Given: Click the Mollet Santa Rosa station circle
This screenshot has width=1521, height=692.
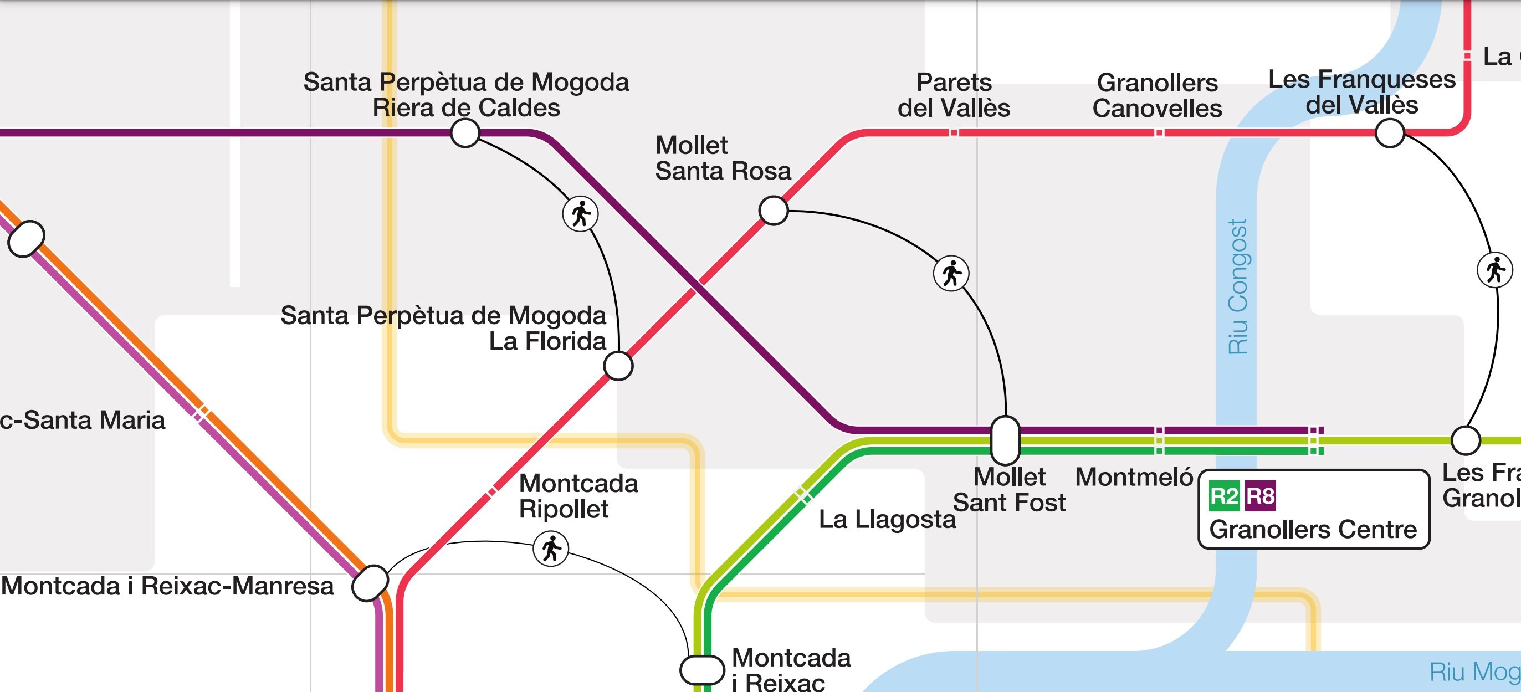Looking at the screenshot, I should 774,210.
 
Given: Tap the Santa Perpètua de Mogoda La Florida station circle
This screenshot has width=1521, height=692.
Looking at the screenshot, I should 618,366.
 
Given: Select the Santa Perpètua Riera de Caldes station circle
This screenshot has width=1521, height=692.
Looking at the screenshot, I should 465,133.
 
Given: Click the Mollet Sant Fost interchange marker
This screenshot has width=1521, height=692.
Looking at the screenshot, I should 1005,440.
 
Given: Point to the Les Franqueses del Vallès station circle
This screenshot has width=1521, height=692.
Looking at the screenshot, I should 1389,133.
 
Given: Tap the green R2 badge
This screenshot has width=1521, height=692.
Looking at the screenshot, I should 1223,496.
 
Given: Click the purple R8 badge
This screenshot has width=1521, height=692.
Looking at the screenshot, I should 1260,496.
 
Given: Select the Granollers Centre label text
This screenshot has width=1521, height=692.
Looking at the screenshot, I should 1313,530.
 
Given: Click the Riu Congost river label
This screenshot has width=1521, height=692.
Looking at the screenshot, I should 1238,287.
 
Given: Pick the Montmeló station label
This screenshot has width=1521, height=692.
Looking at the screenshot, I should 1134,477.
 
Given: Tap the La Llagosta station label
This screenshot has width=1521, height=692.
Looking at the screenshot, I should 887,520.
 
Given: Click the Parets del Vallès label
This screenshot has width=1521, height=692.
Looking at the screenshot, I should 954,95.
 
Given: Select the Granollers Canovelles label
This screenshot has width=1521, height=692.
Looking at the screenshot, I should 1158,96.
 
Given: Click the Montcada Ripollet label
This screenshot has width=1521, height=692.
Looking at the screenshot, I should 578,496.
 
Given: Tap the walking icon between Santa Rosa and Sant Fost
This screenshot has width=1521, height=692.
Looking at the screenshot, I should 951,273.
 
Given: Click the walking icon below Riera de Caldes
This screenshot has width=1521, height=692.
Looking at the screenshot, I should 580,214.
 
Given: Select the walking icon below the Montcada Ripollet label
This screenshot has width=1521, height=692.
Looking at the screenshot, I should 551,549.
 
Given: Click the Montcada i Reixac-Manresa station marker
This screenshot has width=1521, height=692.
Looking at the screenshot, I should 370,583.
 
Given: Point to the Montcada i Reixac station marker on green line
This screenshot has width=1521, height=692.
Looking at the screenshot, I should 702,669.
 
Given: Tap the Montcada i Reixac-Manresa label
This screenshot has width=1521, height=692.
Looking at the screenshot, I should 168,586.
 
